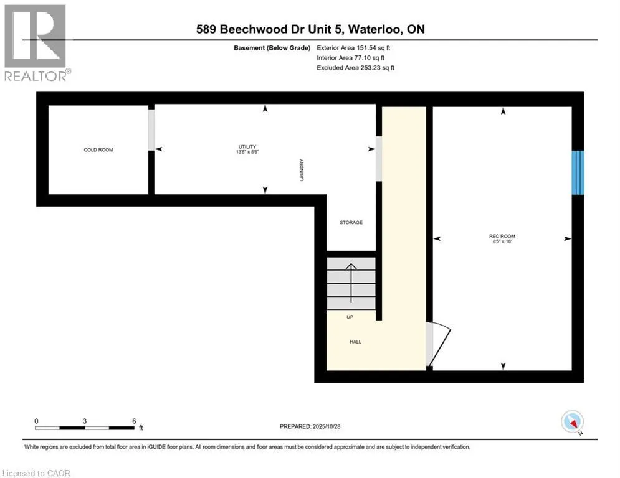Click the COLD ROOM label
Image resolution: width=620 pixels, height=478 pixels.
coord(98,150)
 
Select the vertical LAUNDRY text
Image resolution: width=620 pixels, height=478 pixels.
coord(301,169)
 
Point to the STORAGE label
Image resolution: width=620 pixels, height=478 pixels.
coord(351,222)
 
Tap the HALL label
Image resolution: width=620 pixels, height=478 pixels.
coord(355,342)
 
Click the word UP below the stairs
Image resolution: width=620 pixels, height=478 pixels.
coord(350,317)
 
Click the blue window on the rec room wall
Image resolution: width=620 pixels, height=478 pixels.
coord(578,172)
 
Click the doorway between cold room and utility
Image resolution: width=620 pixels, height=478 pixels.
coord(151,129)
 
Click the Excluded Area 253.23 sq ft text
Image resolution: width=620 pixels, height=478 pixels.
coord(356,67)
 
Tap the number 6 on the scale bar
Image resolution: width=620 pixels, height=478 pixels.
coord(134,421)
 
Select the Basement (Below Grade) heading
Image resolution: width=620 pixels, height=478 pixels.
coord(272,47)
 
